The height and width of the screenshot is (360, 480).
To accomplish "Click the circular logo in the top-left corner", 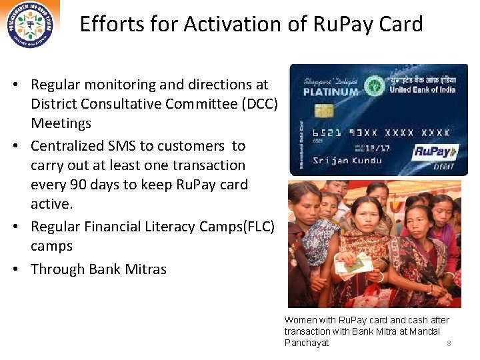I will pyautogui.click(x=30, y=24).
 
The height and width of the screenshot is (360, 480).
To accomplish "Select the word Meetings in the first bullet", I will pyautogui.click(x=61, y=123).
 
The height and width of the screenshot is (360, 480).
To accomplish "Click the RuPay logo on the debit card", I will pyautogui.click(x=437, y=151).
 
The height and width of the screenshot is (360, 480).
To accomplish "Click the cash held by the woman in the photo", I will pyautogui.click(x=354, y=263).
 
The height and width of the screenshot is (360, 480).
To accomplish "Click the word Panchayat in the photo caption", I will pyautogui.click(x=307, y=343).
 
